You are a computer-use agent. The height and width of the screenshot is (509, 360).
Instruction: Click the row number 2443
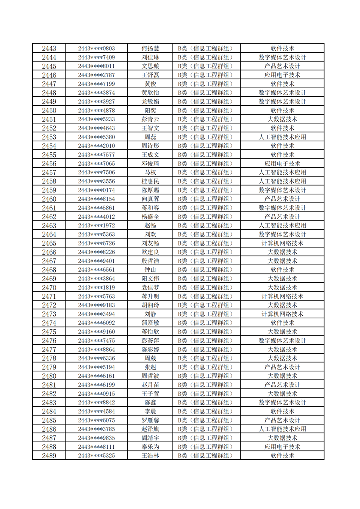coord(49,49)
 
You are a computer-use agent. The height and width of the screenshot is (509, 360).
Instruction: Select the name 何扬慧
coord(150,49)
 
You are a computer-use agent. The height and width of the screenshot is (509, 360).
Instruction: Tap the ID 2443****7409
coord(96,57)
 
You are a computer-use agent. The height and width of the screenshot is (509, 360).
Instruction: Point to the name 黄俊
coord(150,84)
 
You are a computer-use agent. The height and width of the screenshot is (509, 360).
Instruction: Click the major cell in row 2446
coord(282,75)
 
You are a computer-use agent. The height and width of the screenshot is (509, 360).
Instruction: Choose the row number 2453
coord(49,137)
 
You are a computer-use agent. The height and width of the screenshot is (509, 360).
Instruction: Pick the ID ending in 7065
coord(96,164)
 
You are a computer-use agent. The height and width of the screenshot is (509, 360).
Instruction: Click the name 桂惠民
coord(150,181)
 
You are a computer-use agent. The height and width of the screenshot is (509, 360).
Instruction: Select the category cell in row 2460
coord(206,199)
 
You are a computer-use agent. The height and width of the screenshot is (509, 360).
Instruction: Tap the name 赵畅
coord(150,226)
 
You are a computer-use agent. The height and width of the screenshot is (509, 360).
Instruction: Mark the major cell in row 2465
coord(282,243)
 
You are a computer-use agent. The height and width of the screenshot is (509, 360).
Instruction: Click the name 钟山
coord(150,270)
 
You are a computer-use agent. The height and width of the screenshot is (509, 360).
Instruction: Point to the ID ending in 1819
coord(96,288)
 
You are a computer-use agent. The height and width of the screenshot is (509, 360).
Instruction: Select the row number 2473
coord(49,314)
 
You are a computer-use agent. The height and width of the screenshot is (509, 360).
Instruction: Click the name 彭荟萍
coord(150,341)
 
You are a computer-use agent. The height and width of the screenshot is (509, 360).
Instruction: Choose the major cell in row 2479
coord(282,367)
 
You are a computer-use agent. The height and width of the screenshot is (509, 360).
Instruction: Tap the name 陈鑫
coord(150,403)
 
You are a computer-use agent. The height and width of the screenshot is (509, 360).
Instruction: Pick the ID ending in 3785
coord(96,429)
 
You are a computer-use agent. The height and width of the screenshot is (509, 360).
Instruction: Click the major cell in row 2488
coord(282,447)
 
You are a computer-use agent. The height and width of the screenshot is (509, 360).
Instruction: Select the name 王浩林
coord(150,456)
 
